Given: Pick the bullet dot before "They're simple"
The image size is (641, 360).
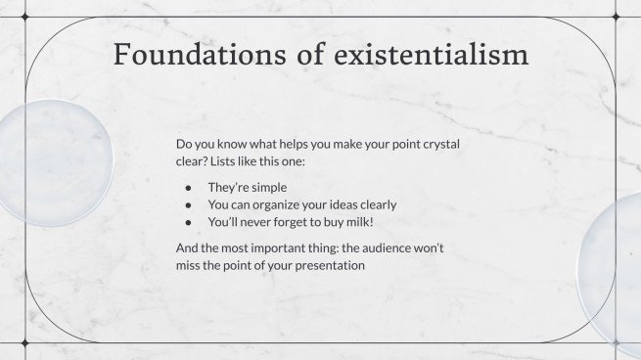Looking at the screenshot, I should click(188, 187).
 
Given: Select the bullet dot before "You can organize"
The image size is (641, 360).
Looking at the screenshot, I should click(188, 204).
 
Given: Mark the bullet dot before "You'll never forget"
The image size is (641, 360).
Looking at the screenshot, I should click(188, 222).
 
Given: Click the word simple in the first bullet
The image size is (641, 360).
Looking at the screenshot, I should click(266, 187).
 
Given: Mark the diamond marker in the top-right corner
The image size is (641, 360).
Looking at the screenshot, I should click(615, 17).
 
